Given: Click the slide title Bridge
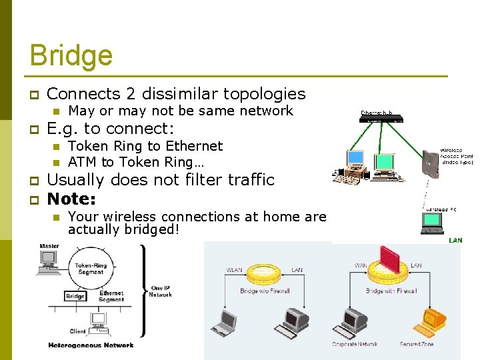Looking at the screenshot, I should point(71,55).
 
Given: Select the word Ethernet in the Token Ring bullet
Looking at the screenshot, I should point(194,146).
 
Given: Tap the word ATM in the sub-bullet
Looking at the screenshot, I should point(83,162).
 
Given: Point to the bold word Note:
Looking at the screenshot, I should point(72,199).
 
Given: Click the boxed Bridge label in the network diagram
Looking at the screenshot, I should point(75,296).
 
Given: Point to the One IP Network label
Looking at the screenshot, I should point(160,291).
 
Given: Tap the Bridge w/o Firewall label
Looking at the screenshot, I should point(265,291).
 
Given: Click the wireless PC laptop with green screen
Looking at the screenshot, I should point(433,223).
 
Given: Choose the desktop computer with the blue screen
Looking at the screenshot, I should point(356,160).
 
